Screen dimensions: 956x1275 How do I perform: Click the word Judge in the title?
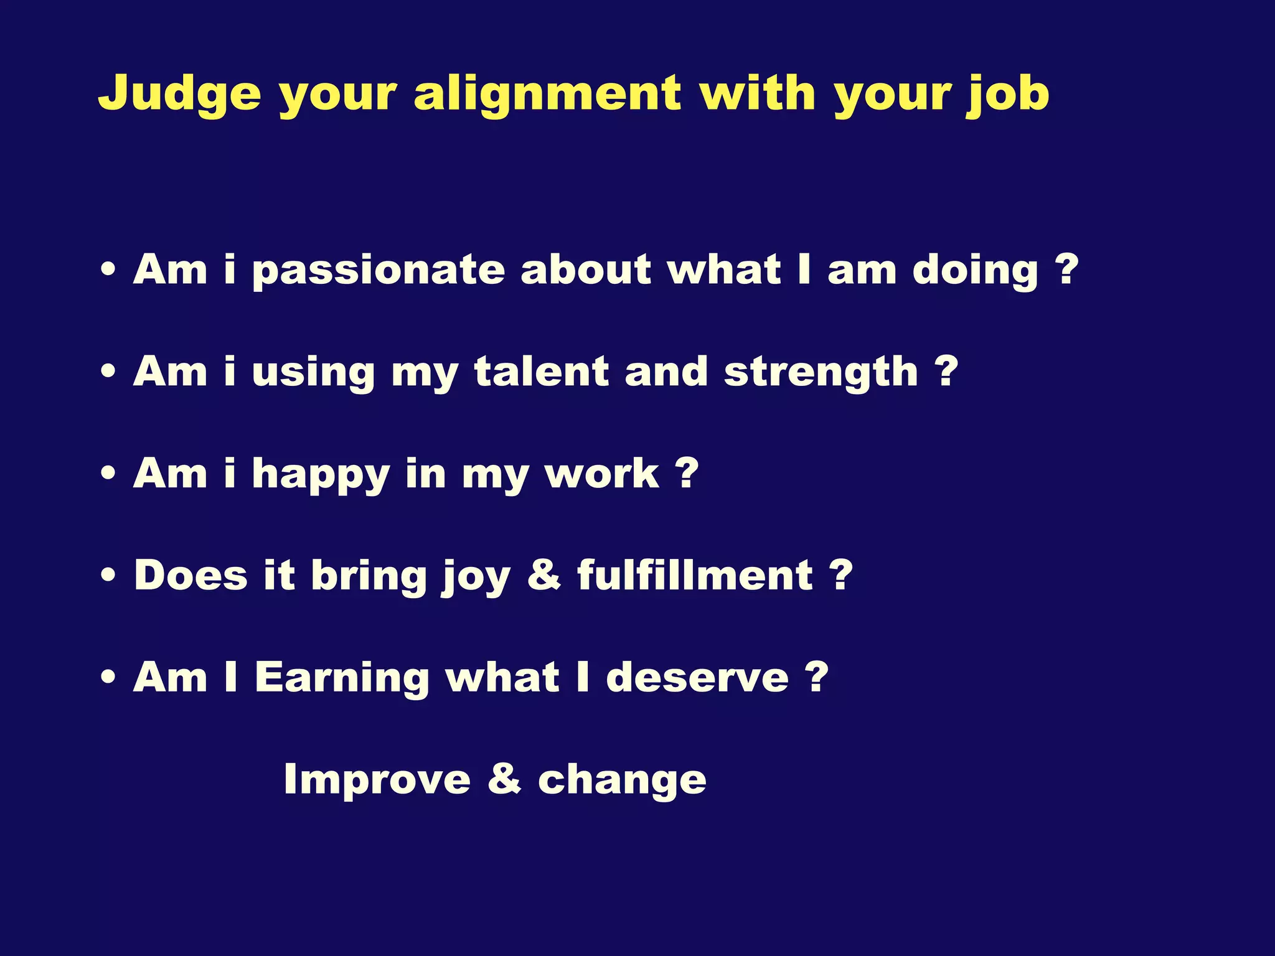point(179,93)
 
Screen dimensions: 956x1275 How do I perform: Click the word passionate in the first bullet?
point(378,271)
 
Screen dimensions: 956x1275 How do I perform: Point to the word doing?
point(975,271)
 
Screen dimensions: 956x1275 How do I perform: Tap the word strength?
point(821,373)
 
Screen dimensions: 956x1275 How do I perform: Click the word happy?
point(321,475)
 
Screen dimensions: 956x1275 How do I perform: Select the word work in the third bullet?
point(601,474)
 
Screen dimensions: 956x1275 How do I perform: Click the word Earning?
point(342,677)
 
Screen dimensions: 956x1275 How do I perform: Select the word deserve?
point(697,677)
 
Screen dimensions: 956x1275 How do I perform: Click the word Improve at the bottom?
point(377,779)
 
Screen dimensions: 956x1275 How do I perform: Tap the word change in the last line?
point(622,780)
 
